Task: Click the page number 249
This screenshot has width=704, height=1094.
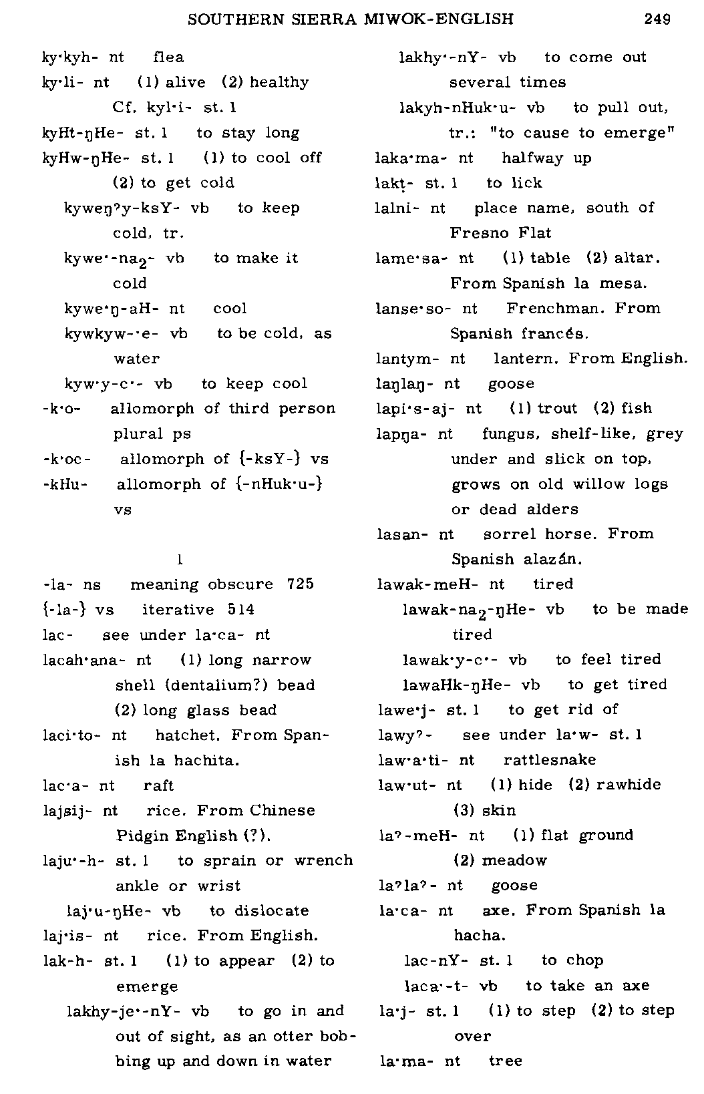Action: pyautogui.click(x=657, y=19)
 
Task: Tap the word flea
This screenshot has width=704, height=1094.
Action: pyautogui.click(x=168, y=57)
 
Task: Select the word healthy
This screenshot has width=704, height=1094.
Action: pyautogui.click(x=279, y=83)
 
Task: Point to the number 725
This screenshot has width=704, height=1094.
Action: pyautogui.click(x=300, y=584)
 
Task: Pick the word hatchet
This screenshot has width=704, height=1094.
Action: pyautogui.click(x=189, y=735)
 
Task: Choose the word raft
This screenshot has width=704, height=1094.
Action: pyautogui.click(x=158, y=785)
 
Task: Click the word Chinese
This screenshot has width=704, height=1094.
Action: pyautogui.click(x=283, y=811)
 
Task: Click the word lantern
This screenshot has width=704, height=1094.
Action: pyautogui.click(x=527, y=359)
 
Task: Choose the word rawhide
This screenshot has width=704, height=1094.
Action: pyautogui.click(x=629, y=785)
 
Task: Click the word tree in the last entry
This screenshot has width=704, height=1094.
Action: pyautogui.click(x=506, y=1061)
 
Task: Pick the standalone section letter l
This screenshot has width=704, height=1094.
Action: pyautogui.click(x=180, y=558)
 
